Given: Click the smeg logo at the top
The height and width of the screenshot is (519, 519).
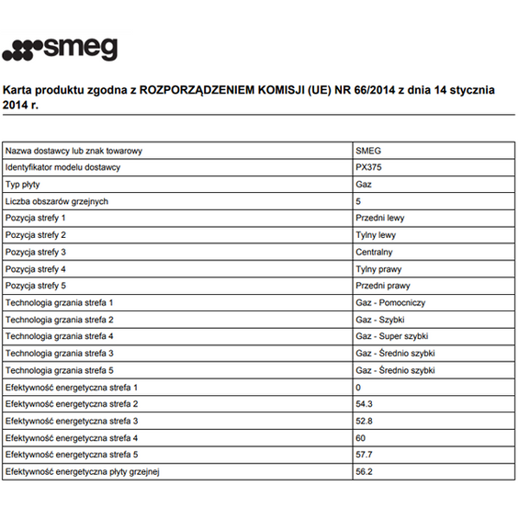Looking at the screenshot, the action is (x=59, y=47).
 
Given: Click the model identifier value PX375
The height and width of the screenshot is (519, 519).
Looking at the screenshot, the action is (x=367, y=167).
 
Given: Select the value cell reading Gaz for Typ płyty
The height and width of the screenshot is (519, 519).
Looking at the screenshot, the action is (x=363, y=185).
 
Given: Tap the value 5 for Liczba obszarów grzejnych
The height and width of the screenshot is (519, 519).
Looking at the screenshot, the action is (x=358, y=201).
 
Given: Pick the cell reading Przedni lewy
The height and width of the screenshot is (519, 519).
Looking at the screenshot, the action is (x=379, y=218).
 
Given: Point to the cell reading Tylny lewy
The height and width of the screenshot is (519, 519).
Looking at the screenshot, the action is (x=375, y=235).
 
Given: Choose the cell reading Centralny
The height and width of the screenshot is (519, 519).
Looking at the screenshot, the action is (x=374, y=252).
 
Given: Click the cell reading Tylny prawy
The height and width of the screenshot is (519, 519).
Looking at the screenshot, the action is (x=378, y=269).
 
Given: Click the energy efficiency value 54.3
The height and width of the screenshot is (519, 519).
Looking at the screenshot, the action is (x=364, y=403).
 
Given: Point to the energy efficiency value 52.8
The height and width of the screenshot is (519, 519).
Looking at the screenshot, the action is (x=364, y=421).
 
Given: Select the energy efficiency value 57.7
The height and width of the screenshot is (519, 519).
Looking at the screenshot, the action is (x=364, y=455).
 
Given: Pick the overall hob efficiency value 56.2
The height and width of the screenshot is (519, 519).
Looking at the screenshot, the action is (x=364, y=471).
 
